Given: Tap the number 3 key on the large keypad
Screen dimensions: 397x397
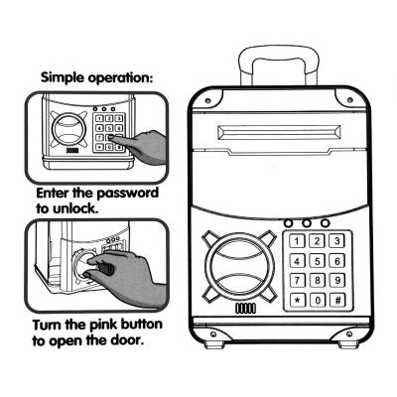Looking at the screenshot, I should [337, 241].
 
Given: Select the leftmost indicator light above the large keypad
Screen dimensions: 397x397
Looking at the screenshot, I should [289, 223].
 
